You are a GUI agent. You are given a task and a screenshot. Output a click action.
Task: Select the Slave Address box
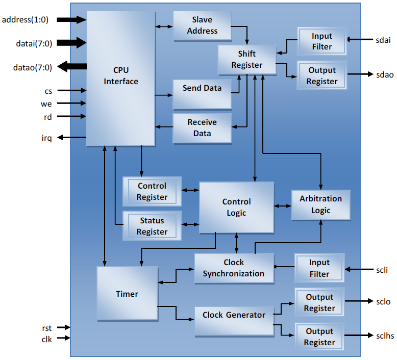pyautogui.click(x=202, y=25)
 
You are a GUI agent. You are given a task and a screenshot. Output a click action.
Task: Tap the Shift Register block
pyautogui.click(x=247, y=59)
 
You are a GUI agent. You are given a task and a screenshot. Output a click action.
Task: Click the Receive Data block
pyautogui.click(x=202, y=128)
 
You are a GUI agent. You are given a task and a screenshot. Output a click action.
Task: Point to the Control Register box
pyautogui.click(x=152, y=191)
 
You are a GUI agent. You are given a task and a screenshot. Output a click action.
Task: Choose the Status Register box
pyautogui.click(x=152, y=226)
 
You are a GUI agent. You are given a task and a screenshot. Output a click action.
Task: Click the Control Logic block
pyautogui.click(x=236, y=207)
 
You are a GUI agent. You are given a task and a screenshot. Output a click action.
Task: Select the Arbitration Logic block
pyautogui.click(x=321, y=204)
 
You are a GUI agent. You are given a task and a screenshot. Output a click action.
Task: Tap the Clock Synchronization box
pyautogui.click(x=234, y=268)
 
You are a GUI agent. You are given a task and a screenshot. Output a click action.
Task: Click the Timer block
pyautogui.click(x=127, y=294)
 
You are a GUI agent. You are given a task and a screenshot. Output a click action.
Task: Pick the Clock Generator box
pyautogui.click(x=234, y=315)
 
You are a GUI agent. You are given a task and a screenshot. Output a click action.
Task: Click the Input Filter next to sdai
pyautogui.click(x=321, y=41)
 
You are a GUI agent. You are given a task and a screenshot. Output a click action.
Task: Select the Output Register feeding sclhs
pyautogui.click(x=319, y=337)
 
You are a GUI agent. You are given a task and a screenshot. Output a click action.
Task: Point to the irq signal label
pyautogui.click(x=46, y=138)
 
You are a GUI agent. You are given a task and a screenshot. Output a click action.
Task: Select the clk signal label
pyautogui.click(x=46, y=339)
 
